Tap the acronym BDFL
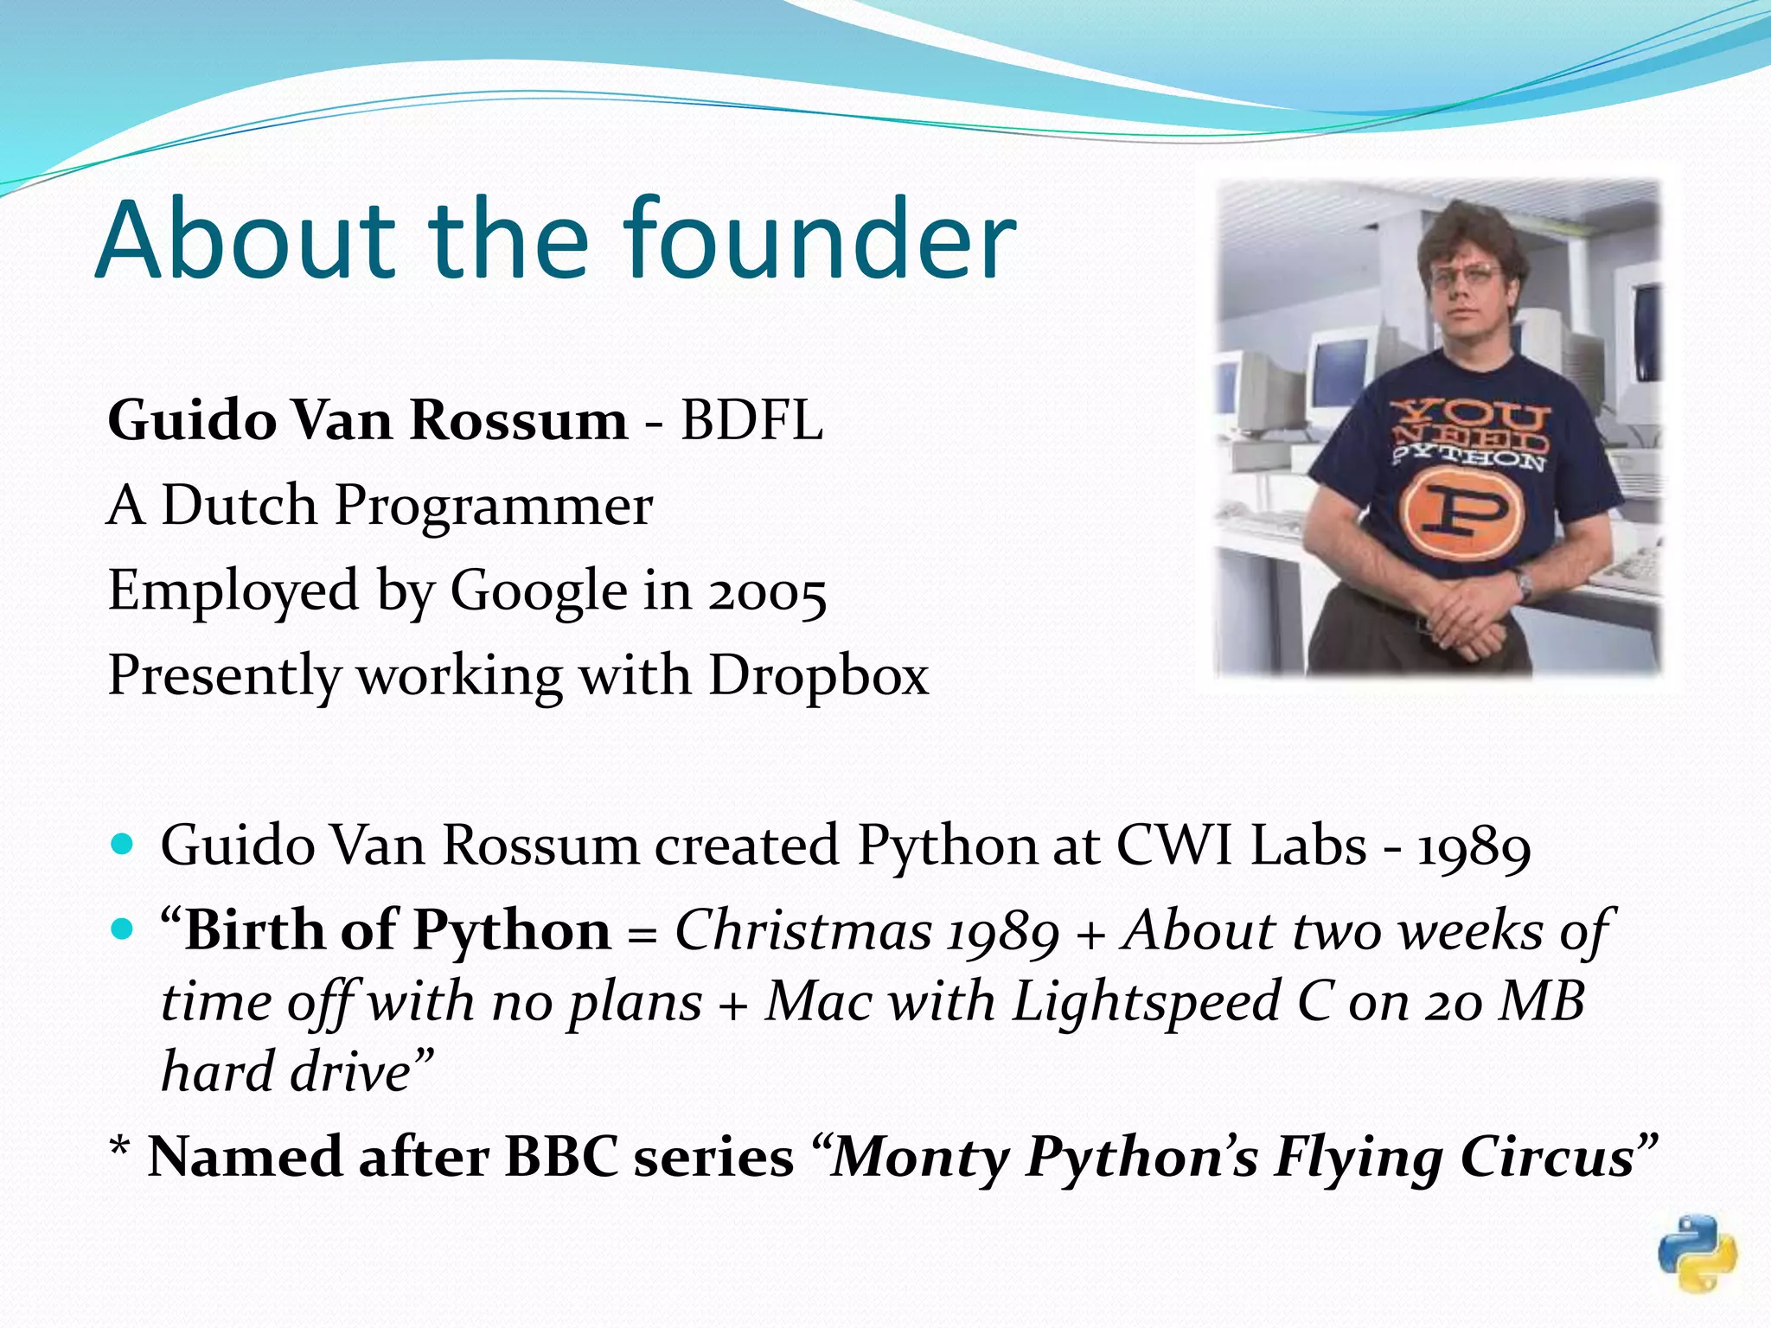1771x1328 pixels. point(751,421)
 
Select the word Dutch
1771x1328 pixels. point(239,505)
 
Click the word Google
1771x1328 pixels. point(539,591)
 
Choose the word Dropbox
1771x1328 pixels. point(818,675)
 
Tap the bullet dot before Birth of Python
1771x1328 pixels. point(124,929)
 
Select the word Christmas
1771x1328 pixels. point(803,931)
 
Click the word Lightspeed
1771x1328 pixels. point(1146,1002)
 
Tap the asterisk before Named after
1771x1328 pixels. point(119,1150)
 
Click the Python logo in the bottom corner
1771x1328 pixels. point(1697,1253)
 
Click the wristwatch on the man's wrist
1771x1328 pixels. point(1523,586)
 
